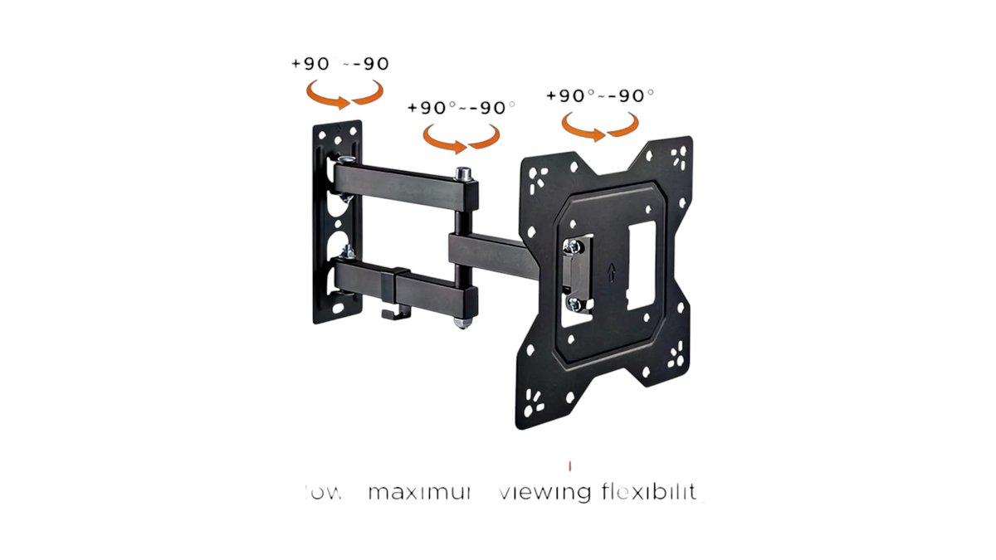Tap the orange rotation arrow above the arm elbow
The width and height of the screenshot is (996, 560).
coord(461,138)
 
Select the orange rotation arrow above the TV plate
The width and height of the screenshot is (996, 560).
coord(600,124)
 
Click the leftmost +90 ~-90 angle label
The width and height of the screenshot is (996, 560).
coord(340,64)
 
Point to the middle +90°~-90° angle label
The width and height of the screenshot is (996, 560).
coord(461,109)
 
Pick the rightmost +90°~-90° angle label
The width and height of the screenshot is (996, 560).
coord(600,95)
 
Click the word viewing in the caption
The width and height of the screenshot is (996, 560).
coord(545,492)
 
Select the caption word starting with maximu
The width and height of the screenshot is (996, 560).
coord(420,492)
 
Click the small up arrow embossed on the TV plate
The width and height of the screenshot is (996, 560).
coord(612,270)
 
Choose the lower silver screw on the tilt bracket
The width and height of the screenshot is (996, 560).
coord(572,303)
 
